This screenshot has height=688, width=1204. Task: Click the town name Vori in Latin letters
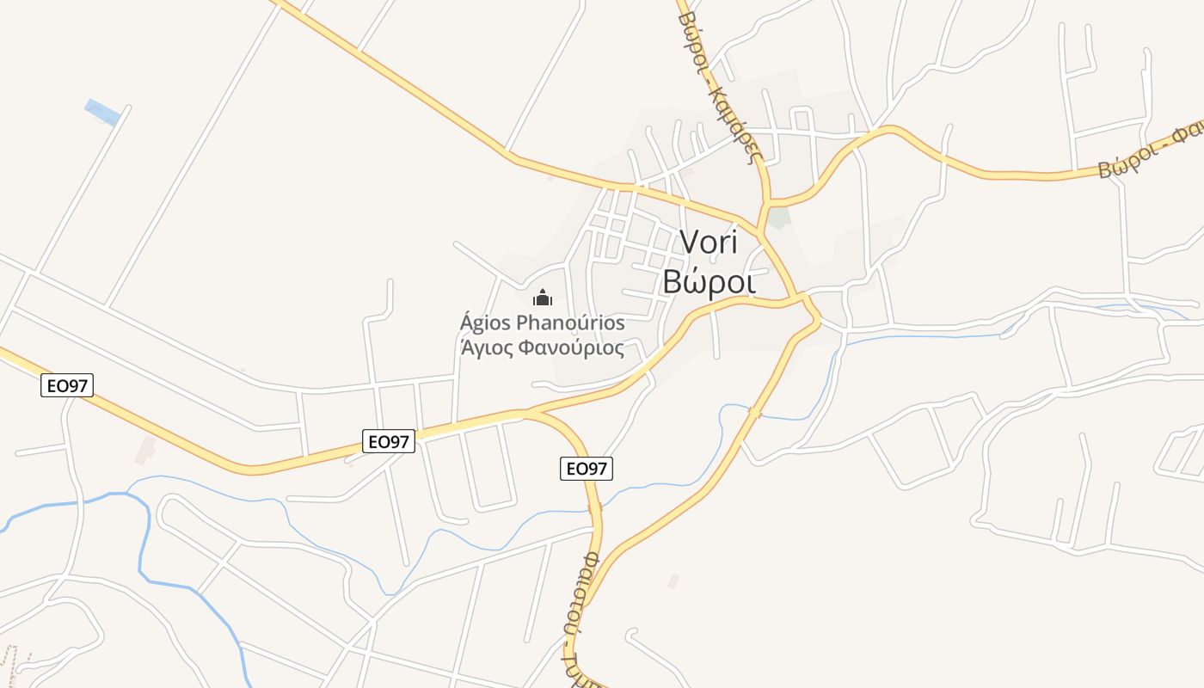(709, 241)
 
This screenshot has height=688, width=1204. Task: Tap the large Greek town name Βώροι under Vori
(709, 281)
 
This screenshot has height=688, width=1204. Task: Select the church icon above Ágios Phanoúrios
(543, 298)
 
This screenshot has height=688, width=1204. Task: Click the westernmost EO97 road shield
(66, 385)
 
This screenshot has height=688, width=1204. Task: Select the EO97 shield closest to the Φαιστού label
(587, 469)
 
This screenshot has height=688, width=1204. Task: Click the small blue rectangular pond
(102, 112)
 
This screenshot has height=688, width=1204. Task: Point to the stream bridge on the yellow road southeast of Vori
(754, 414)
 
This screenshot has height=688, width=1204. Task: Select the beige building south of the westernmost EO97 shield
(144, 450)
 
